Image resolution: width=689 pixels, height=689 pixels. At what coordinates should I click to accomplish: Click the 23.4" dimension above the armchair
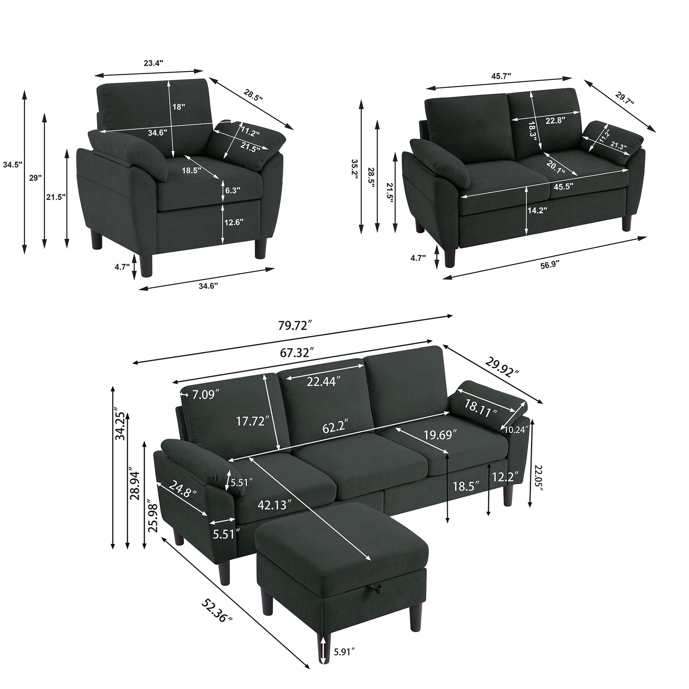153,63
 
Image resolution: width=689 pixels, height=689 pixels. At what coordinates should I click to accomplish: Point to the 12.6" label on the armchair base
234,223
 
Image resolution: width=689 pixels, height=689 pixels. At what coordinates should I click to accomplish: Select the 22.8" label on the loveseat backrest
556,120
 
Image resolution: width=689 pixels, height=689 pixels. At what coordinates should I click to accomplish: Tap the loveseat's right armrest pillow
613,142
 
